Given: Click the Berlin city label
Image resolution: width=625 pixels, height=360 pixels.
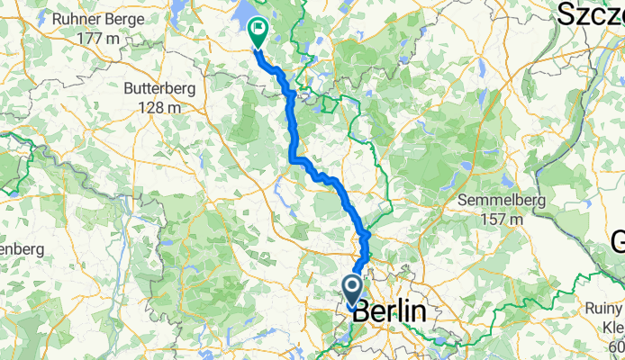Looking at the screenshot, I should click(x=388, y=312).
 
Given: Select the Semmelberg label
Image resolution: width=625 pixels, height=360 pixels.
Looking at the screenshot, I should click(x=498, y=199).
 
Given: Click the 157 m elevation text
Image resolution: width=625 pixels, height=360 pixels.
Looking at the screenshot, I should click(x=498, y=218).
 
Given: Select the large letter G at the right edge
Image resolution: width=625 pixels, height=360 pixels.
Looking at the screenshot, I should click(x=618, y=241).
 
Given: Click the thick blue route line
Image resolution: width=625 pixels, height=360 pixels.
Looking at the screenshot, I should click(x=293, y=126).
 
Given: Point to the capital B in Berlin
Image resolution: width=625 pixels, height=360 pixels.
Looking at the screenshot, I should click(x=361, y=312).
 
